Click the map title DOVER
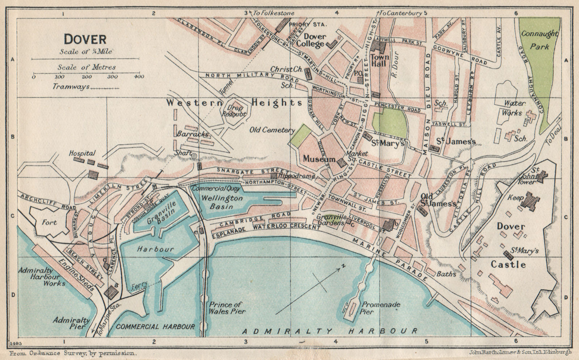pos(85,39)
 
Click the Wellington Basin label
pos(217,202)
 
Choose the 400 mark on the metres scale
pos(139,76)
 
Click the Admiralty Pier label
pos(69,323)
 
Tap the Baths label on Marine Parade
pos(446,274)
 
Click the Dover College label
pos(314,40)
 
